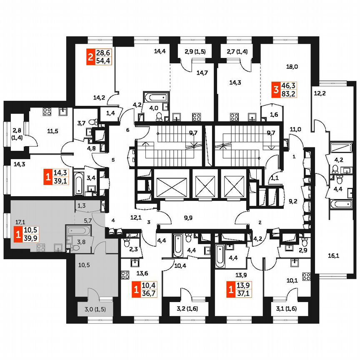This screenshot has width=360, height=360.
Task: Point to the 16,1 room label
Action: click(334, 256)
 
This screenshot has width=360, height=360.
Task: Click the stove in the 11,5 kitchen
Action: click(47, 112)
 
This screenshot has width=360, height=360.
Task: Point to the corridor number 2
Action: click(260, 222)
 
